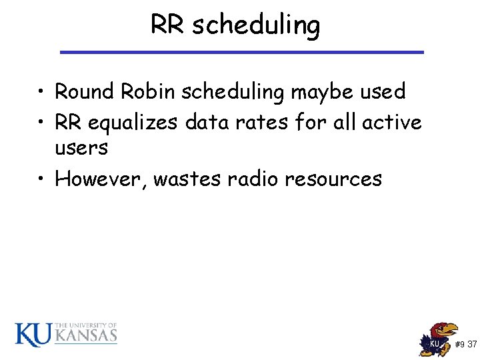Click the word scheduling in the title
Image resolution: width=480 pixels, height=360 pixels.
coord(255,25)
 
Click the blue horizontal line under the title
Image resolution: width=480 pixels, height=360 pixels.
coord(241,52)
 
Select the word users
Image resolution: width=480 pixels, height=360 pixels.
coord(81,148)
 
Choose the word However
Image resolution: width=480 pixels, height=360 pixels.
coord(100,179)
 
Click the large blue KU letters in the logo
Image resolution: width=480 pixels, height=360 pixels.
coord(33,334)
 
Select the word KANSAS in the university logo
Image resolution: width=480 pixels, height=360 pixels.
coord(85,336)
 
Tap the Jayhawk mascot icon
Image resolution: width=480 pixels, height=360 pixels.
coord(439,339)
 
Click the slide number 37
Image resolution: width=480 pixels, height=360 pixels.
coord(472,345)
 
